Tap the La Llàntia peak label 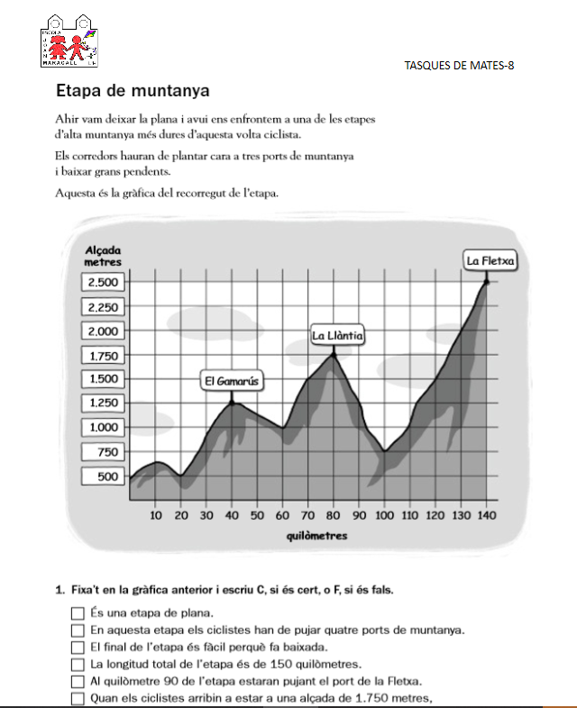(337, 336)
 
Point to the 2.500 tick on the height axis (102, 282)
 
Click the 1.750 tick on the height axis (102, 356)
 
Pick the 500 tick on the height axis (106, 477)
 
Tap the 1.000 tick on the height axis (102, 428)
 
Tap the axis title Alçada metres (102, 255)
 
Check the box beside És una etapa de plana (78, 613)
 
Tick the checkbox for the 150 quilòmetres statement (78, 664)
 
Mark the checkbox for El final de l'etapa (78, 647)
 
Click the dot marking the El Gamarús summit (233, 403)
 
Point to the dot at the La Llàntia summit (334, 355)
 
